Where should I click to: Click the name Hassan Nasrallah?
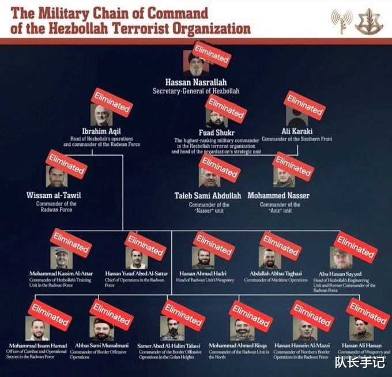[x=195, y=82]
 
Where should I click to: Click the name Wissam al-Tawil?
[x=54, y=195]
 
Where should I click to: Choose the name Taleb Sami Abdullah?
[x=208, y=195]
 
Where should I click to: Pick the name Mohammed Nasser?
[x=278, y=195]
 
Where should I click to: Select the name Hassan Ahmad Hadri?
[x=205, y=273]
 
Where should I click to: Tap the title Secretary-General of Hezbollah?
[x=195, y=91]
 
